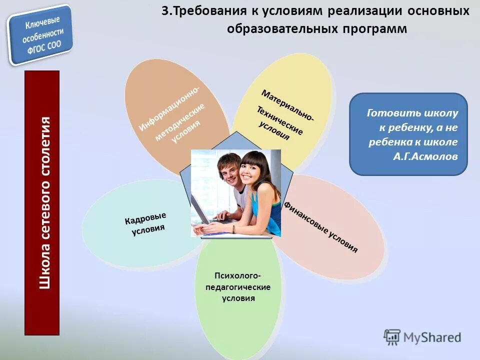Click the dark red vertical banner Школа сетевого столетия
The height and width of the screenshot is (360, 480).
coord(42,202)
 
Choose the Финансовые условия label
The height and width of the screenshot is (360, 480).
coord(321,226)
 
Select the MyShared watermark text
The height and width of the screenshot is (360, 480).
coord(432,337)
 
